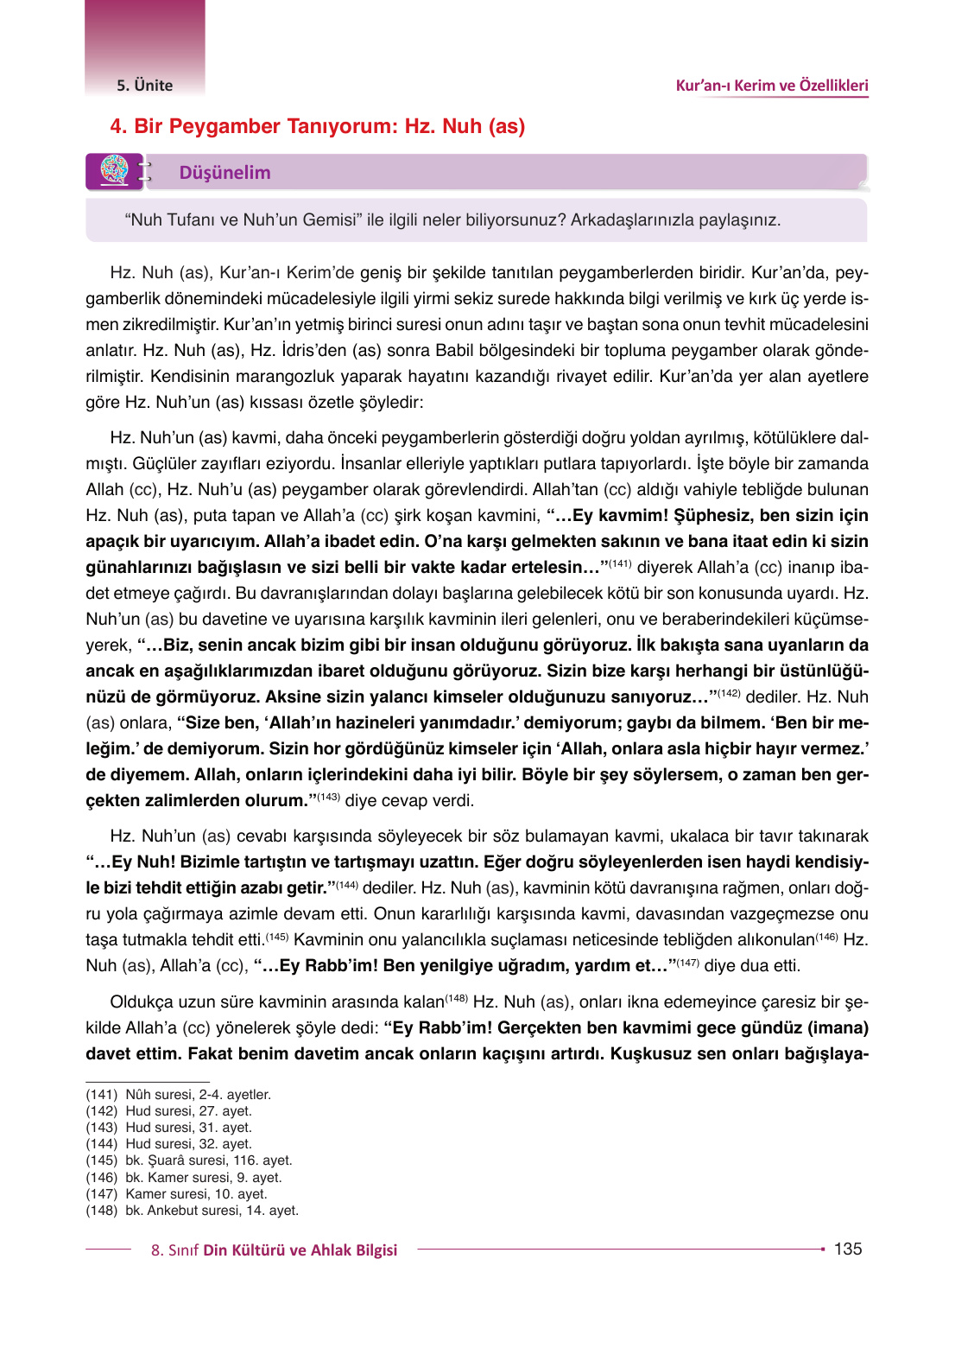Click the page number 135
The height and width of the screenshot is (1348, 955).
847,1249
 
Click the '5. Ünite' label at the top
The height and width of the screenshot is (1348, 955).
144,86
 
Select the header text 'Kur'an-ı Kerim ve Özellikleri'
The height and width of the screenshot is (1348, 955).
771,86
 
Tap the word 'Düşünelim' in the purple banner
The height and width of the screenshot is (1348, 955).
225,173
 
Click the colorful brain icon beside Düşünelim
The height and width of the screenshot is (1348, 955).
114,170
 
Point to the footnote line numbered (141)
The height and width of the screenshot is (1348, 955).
178,1095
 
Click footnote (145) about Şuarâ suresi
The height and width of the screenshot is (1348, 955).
189,1160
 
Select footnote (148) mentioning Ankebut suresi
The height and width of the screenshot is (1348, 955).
192,1211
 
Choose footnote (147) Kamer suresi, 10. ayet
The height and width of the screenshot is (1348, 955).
176,1194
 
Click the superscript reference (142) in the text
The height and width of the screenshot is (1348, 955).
729,693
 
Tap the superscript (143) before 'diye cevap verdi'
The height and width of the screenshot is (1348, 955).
328,797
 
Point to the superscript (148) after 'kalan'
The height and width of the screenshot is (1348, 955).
456,998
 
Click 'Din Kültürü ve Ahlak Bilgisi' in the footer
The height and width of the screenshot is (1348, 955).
300,1250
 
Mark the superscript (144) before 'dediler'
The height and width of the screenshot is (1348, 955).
346,884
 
